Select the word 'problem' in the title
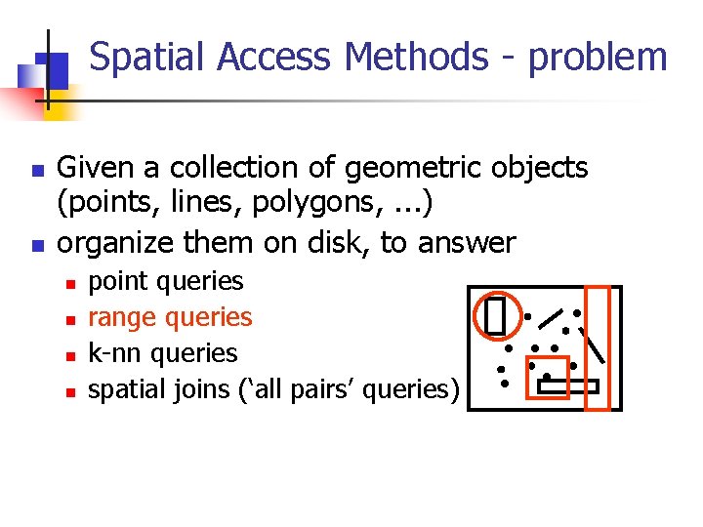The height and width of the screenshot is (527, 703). [x=597, y=59]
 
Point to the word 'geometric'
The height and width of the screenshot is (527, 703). [x=414, y=169]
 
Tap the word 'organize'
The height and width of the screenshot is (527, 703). [x=121, y=242]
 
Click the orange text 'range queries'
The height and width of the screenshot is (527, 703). [x=170, y=317]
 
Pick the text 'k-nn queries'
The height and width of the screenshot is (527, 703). [x=162, y=353]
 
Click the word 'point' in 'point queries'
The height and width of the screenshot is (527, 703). [x=116, y=282]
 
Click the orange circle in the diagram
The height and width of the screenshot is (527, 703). [x=494, y=315]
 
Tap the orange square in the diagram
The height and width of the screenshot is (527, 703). [x=547, y=377]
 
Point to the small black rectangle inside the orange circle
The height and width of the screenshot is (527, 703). [x=494, y=315]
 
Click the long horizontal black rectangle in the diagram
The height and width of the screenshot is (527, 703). [x=567, y=386]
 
